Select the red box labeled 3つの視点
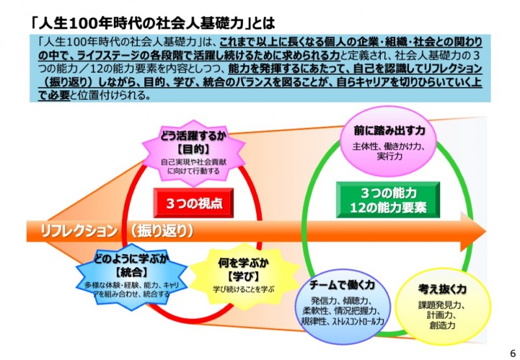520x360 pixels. click(x=194, y=203)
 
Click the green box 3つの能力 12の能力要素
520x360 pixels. click(x=387, y=200)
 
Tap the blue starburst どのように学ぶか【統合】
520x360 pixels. click(x=127, y=275)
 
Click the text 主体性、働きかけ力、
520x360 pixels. click(x=389, y=146)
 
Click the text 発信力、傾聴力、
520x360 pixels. click(x=342, y=302)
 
